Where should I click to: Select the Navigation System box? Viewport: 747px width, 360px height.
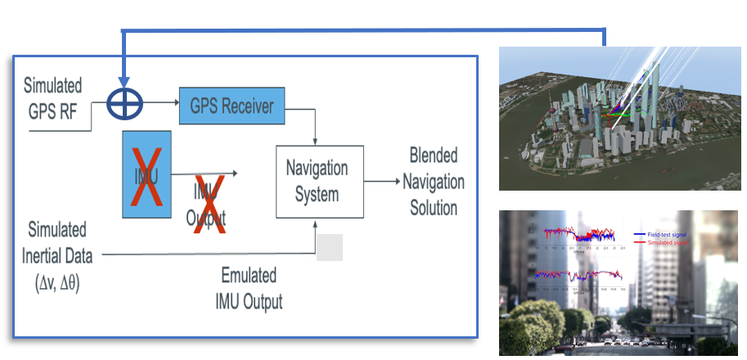pos(317,181)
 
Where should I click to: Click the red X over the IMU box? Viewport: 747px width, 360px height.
pos(146,173)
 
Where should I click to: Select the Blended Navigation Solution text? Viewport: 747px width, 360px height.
pos(434,181)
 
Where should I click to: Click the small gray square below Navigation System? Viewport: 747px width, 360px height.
pos(329,247)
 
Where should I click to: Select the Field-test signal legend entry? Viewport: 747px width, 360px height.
pos(667,234)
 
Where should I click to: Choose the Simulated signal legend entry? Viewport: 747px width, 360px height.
pos(667,243)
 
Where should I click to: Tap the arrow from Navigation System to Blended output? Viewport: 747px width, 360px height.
pos(382,182)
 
